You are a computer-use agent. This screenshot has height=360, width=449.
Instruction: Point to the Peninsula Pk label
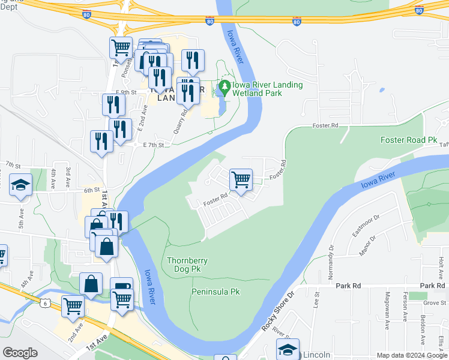tap(215, 292)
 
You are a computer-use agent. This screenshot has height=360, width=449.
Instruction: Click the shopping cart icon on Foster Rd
tap(241, 179)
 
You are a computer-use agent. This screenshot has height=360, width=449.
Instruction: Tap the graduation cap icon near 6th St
tap(20, 185)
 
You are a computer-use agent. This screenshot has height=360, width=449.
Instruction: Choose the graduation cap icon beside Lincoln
tap(288, 349)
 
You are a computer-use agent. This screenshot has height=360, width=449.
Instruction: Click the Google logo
tap(20, 353)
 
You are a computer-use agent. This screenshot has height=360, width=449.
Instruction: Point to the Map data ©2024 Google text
tap(411, 355)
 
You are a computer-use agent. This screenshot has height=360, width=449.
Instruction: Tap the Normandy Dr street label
tap(331, 259)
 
